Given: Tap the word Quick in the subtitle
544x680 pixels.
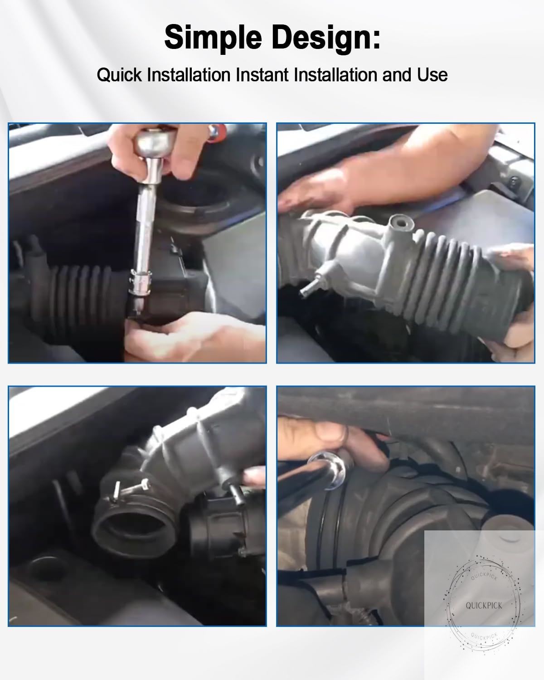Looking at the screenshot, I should [x=119, y=75].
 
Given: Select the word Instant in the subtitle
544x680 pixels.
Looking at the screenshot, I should [x=263, y=75].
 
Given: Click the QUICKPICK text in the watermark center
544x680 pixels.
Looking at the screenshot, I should [x=484, y=605].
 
